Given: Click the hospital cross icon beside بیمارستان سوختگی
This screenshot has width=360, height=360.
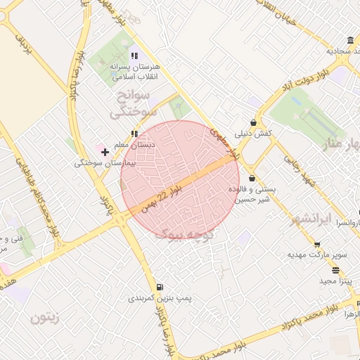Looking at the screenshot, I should click(x=105, y=151).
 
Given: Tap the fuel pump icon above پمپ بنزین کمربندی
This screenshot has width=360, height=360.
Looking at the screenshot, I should click(x=160, y=287).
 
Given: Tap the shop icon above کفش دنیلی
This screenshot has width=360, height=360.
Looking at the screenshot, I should click(x=252, y=122).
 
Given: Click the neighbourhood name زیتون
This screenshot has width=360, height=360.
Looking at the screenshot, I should click(x=46, y=317).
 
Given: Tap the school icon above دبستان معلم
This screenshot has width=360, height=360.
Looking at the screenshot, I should click(x=134, y=133).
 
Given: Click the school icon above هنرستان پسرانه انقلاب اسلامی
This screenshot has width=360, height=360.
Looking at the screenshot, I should click(x=134, y=56).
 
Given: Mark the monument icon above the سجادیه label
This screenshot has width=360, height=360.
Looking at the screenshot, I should click(x=349, y=39).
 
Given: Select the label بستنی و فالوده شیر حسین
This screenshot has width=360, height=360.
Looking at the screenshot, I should click(x=255, y=193).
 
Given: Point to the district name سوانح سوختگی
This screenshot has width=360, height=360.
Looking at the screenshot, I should click(x=130, y=102).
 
